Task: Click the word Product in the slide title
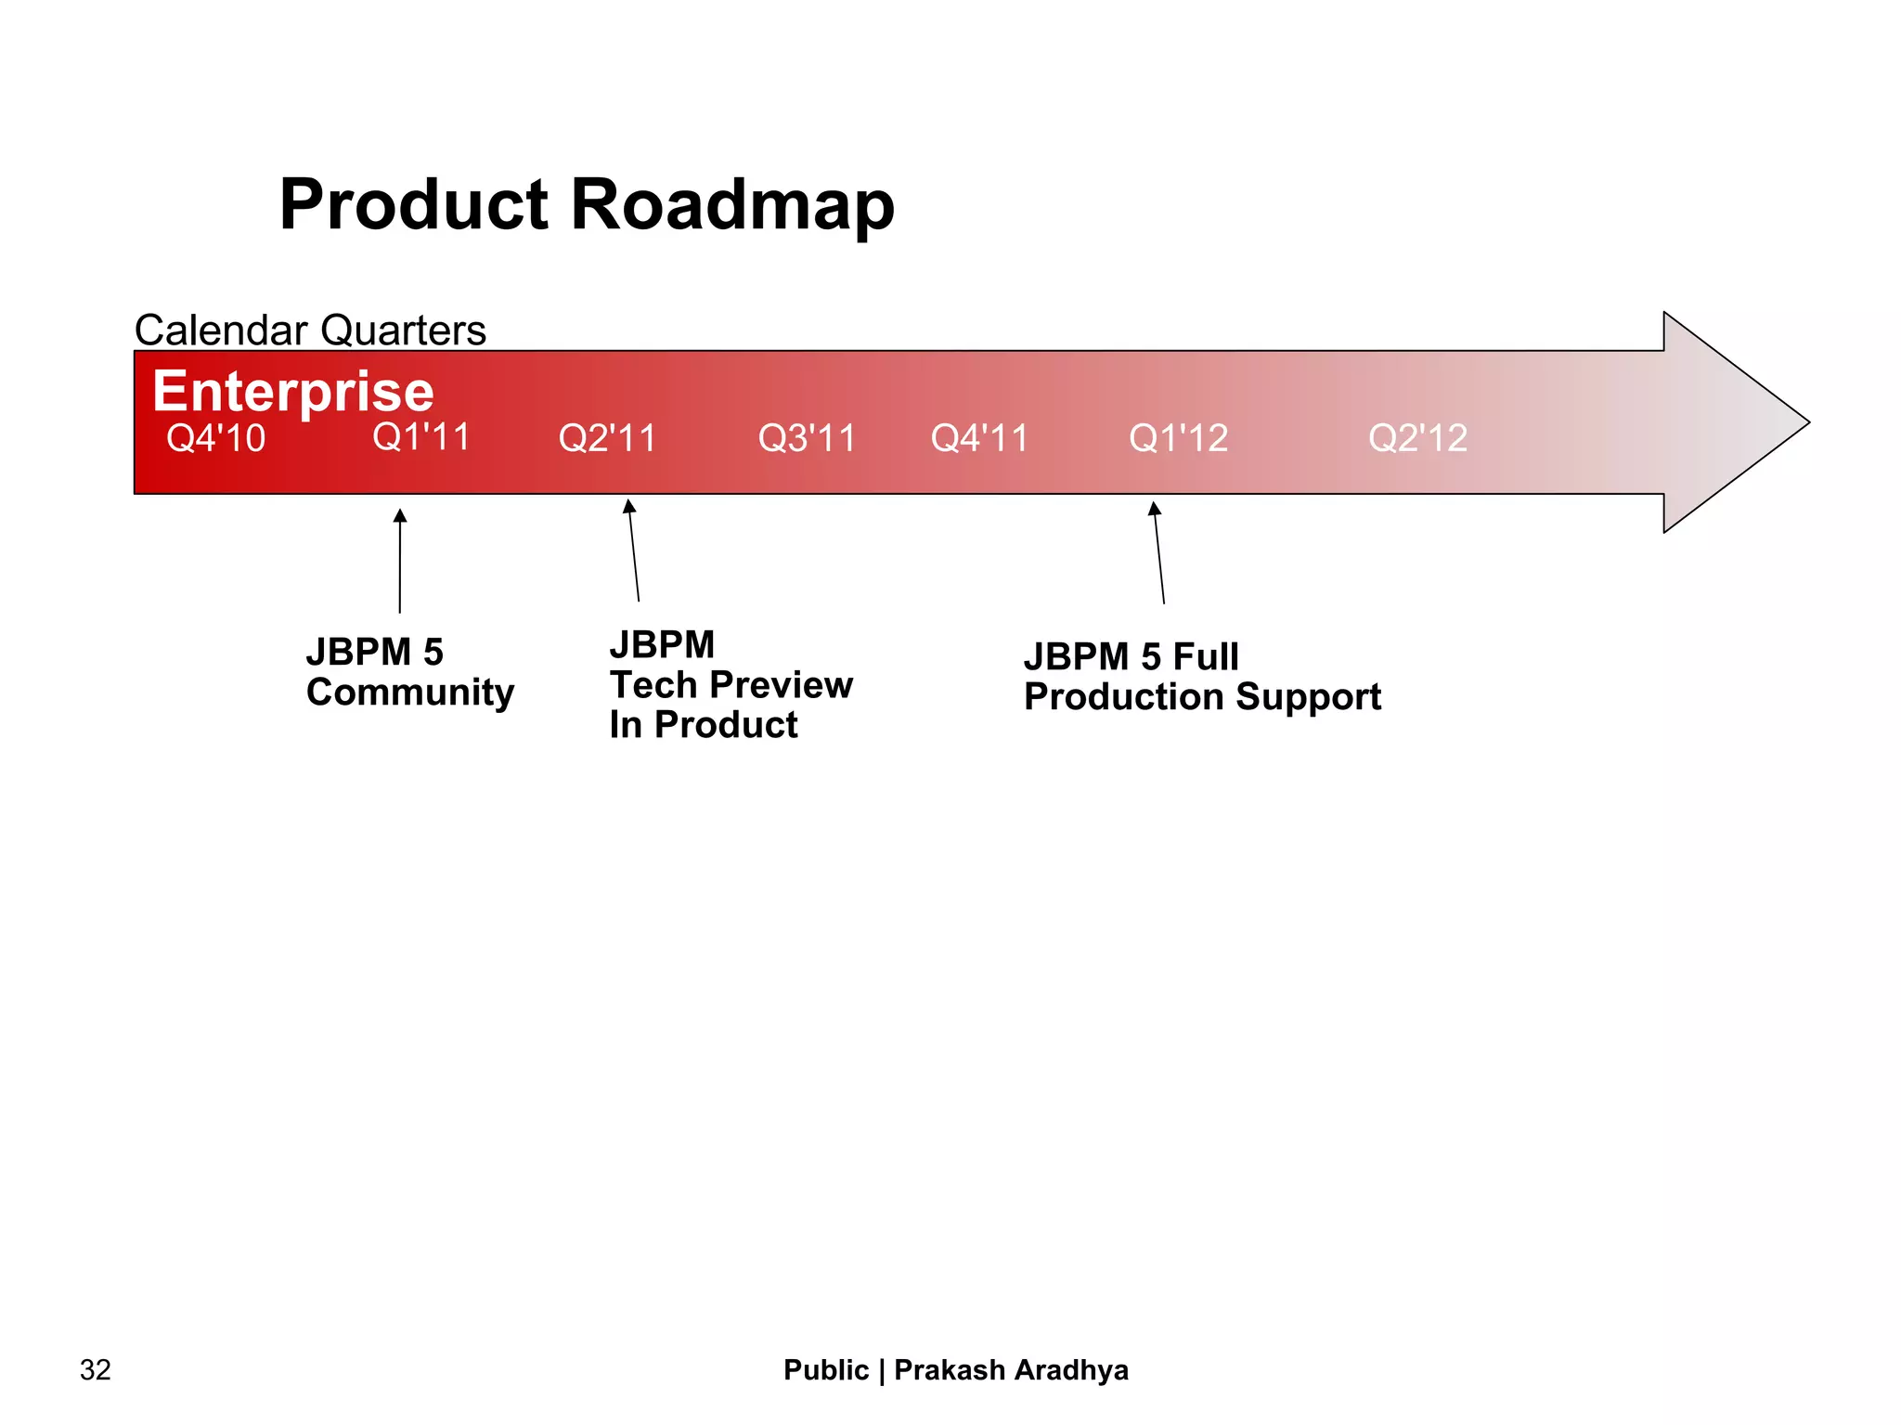click(x=414, y=205)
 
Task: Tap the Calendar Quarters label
click(x=310, y=330)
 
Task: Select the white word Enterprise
click(x=292, y=391)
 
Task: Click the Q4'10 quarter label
click(x=215, y=438)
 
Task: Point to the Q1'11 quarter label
click(x=421, y=437)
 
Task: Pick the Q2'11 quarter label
click(x=607, y=438)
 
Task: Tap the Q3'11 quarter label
click(x=807, y=438)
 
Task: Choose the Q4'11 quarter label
click(x=979, y=438)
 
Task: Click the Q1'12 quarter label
click(x=1178, y=438)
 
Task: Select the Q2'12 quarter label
click(x=1417, y=438)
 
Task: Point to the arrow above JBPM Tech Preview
click(x=634, y=550)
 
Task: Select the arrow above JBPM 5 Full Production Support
click(x=1158, y=552)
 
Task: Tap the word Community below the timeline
click(x=410, y=693)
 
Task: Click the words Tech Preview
click(x=731, y=685)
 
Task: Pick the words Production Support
click(x=1202, y=697)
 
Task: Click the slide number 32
click(x=96, y=1370)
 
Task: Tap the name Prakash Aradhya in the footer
click(x=1011, y=1370)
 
